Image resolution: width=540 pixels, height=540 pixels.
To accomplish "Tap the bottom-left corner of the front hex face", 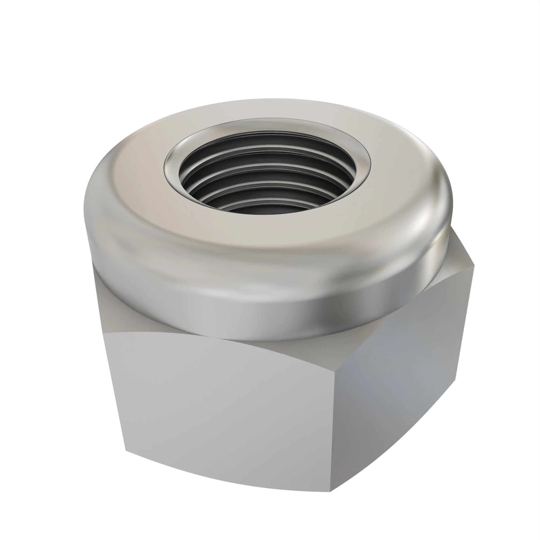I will [126, 451].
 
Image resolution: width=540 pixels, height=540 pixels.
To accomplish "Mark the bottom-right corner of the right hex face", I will [455, 379].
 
